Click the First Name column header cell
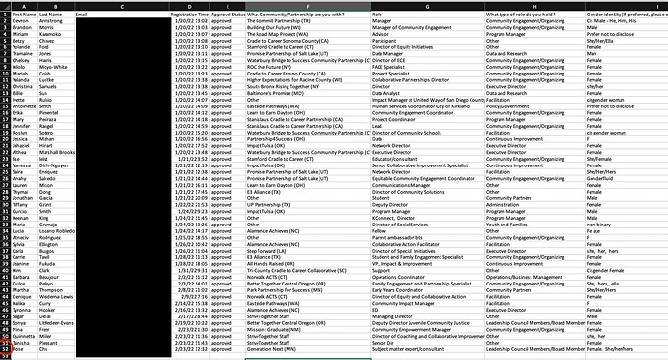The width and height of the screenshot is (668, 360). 23,16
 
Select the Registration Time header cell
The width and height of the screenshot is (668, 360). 188,16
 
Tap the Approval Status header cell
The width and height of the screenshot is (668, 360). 228,16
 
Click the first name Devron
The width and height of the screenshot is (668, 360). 21,22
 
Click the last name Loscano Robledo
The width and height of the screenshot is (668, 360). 61,260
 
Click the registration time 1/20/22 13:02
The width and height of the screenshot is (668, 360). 190,22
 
